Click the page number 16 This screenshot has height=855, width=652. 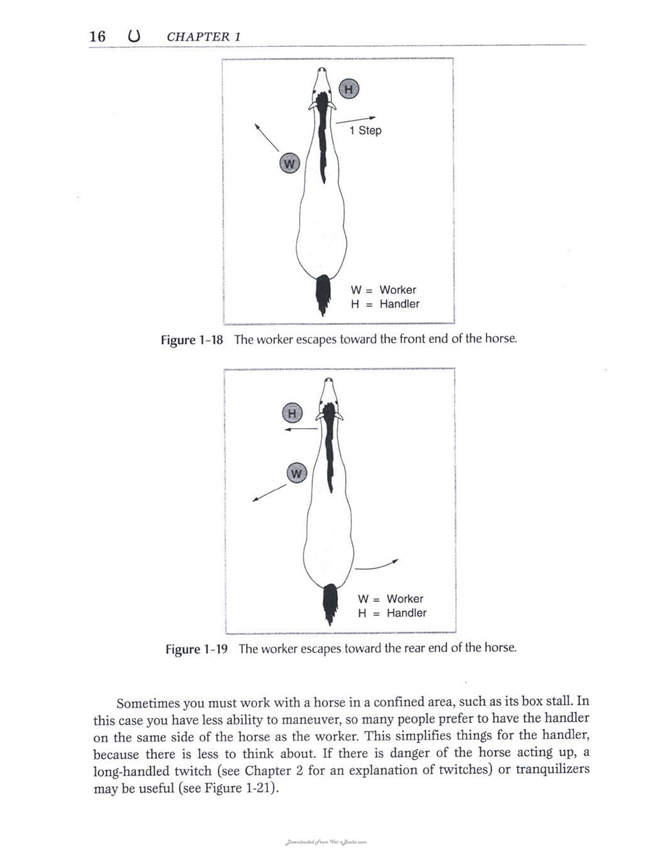(x=97, y=36)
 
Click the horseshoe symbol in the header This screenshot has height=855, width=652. (x=134, y=36)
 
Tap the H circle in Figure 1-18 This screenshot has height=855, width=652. (x=349, y=88)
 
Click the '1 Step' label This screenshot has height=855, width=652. (x=365, y=130)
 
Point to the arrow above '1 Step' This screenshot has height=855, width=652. (x=356, y=120)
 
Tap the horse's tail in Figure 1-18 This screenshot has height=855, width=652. (x=323, y=294)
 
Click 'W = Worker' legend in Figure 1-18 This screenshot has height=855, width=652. (x=383, y=290)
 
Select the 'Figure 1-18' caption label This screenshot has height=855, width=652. (x=192, y=340)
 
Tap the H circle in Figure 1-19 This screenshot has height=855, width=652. (x=292, y=413)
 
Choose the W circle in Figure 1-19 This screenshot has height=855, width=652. (x=296, y=473)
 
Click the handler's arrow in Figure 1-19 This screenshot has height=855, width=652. (x=301, y=429)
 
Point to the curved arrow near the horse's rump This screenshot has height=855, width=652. (x=376, y=565)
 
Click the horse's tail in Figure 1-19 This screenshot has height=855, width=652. (x=330, y=604)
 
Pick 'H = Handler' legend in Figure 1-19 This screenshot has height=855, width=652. (x=392, y=613)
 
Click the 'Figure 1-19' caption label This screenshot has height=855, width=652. (x=197, y=649)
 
